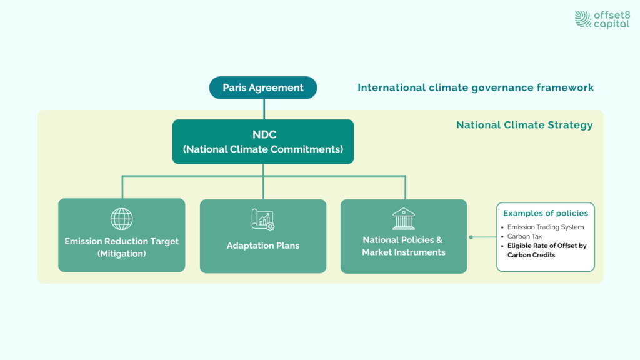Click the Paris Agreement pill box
263,87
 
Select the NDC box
263,142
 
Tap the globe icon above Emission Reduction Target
122,219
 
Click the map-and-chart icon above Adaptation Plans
263,219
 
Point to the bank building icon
404,219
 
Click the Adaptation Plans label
263,246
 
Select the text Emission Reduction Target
122,241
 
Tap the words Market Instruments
404,252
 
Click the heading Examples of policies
546,213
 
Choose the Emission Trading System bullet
546,227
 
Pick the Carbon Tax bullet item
524,236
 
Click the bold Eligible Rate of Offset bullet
547,246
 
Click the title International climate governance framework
476,87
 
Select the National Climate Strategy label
524,125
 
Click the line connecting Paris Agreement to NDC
263,109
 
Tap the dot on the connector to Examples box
471,237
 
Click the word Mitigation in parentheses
122,254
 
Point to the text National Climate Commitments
263,149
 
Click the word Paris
235,87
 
